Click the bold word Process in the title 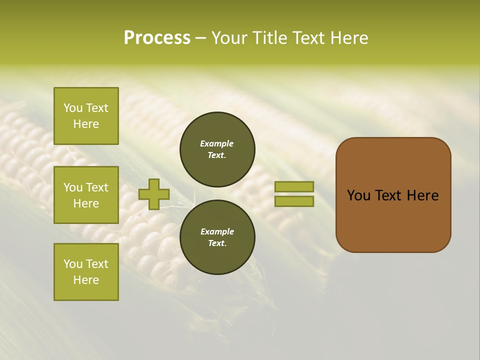click(x=157, y=37)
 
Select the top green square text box click(x=86, y=116)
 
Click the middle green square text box click(x=86, y=195)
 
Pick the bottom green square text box click(x=86, y=272)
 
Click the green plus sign click(x=154, y=194)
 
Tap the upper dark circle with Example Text click(x=217, y=149)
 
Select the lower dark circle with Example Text click(x=217, y=237)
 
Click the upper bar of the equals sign click(x=294, y=186)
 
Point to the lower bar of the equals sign click(x=294, y=201)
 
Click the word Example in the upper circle click(x=216, y=143)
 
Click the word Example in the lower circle click(x=217, y=231)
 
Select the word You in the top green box click(x=72, y=108)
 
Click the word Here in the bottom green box click(x=86, y=280)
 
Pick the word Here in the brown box click(x=422, y=195)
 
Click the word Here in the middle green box click(x=86, y=203)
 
